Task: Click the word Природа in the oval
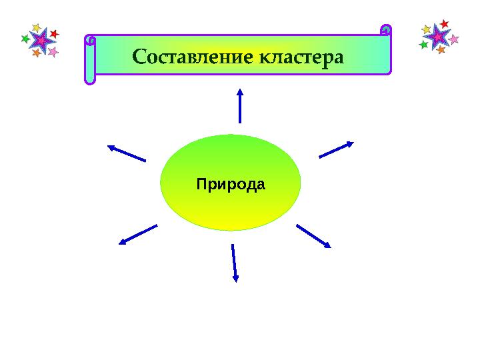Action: coord(231,183)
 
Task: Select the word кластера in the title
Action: coord(300,56)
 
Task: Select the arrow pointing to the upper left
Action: coord(126,153)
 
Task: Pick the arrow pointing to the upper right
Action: coord(337,149)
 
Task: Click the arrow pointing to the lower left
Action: coord(138,235)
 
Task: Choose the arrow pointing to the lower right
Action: coord(314,236)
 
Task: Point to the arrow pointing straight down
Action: coord(234,263)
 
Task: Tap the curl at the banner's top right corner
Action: coord(385,30)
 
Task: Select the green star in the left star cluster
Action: coord(25,39)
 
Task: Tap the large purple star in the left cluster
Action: coord(41,41)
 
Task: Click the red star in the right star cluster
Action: coord(444,24)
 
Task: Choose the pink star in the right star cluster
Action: coord(454,39)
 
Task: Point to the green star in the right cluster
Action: coord(423,45)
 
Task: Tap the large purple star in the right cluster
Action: coord(438,36)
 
